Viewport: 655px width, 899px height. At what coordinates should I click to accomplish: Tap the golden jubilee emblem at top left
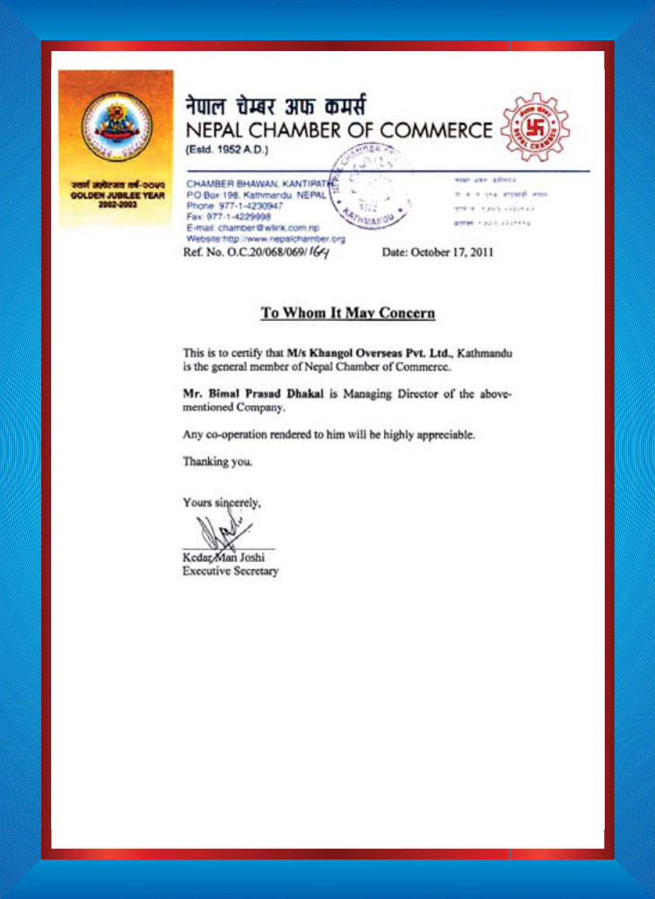click(116, 124)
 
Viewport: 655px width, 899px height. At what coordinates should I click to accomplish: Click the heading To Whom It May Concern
click(348, 314)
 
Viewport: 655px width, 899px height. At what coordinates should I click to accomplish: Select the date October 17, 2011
click(438, 254)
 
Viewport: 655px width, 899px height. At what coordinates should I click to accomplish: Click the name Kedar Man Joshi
click(223, 558)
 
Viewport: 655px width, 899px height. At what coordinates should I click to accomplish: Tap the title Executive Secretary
click(231, 571)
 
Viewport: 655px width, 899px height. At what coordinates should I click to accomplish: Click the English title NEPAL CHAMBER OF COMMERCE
click(338, 131)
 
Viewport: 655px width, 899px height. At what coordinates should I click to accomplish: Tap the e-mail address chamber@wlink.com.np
click(267, 228)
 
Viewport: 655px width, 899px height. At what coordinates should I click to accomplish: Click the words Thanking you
click(218, 462)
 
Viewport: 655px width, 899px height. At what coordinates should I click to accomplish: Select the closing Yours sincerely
click(222, 503)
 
